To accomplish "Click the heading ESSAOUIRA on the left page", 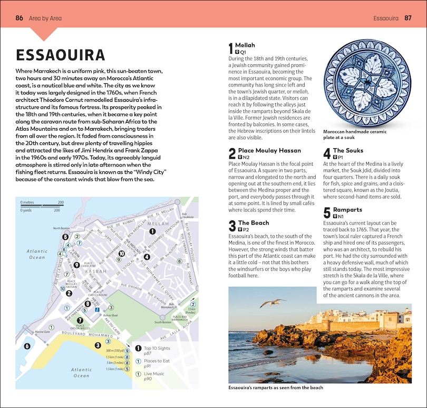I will click(61, 55).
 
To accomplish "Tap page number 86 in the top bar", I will click(19, 18).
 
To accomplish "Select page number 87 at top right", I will click(407, 18).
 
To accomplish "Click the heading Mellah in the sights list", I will click(245, 45).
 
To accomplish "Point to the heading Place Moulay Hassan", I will click(269, 151).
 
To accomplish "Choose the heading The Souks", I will click(348, 151).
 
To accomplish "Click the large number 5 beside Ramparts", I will click(327, 212).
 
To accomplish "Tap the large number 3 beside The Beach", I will click(232, 226).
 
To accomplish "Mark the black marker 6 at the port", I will click(27, 346).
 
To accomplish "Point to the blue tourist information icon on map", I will click(96, 310).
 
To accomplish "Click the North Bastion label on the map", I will click(61, 228).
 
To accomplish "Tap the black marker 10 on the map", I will click(121, 253).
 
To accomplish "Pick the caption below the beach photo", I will click(276, 388).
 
